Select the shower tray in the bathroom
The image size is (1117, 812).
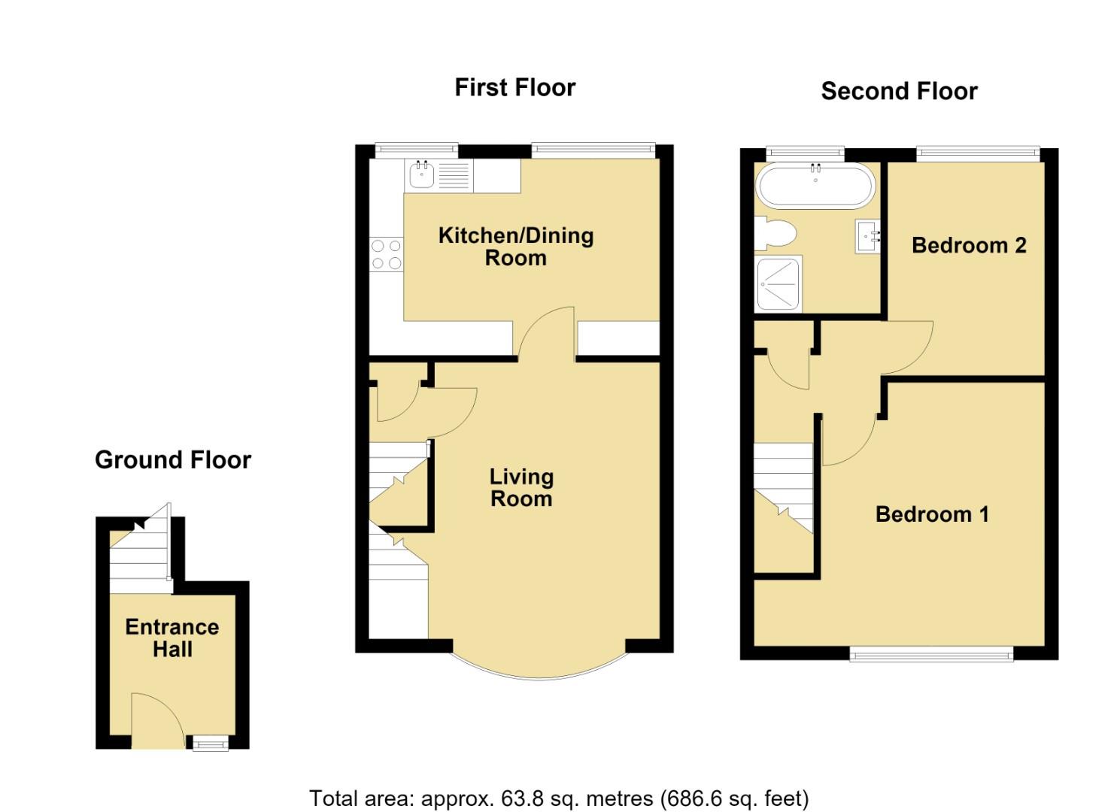tap(779, 283)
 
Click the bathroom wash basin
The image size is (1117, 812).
tap(868, 237)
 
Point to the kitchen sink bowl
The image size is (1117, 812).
tap(421, 175)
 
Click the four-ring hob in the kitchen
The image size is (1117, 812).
tap(387, 254)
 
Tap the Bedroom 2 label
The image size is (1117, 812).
tap(969, 245)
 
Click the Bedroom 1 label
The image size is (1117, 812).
tap(932, 514)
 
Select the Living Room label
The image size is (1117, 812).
tap(521, 488)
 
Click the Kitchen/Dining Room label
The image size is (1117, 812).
tap(515, 247)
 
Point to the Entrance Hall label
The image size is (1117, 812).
tap(172, 638)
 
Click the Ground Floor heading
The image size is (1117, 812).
tap(173, 459)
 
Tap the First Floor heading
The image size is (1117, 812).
tap(515, 88)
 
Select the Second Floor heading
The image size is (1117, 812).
tap(899, 91)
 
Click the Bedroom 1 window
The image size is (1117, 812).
tap(931, 654)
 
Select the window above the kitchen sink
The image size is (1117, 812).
tap(417, 150)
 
